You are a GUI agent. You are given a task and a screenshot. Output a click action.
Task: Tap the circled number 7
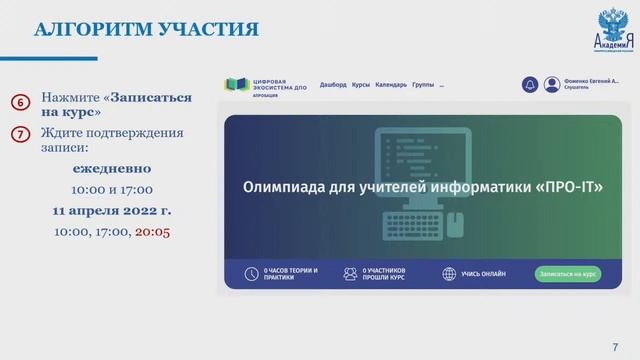[x=20, y=135]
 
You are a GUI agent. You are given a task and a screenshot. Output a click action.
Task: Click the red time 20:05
[x=152, y=231]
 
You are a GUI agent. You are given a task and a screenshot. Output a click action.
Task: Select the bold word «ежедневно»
[x=112, y=168]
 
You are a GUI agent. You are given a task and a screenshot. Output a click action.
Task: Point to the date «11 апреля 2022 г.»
[x=112, y=210]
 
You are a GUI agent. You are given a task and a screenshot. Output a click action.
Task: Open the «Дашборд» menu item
[x=333, y=85]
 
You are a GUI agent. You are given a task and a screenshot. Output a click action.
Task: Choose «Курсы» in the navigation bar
[x=361, y=85]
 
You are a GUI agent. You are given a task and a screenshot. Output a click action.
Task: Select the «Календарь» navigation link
[x=391, y=85]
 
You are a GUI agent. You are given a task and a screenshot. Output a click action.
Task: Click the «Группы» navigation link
[x=423, y=85]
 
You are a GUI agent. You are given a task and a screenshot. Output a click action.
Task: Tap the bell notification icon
[x=530, y=85]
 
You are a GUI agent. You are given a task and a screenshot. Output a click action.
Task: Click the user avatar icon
[x=552, y=85]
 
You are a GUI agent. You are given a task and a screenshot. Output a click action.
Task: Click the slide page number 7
[x=614, y=346]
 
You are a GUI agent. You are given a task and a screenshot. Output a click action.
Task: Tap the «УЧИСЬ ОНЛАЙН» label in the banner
[x=484, y=273]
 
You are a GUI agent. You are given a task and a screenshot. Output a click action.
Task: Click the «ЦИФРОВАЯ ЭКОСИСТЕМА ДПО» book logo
[x=237, y=85]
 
